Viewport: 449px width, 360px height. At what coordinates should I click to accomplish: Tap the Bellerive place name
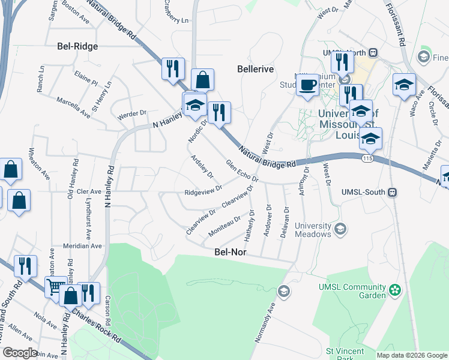pyautogui.click(x=255, y=69)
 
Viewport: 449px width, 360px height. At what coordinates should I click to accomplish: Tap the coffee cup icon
pyautogui.click(x=308, y=85)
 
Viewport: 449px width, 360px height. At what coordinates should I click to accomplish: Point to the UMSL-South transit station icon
pyautogui.click(x=393, y=193)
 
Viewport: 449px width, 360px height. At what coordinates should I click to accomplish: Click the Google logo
pyautogui.click(x=20, y=353)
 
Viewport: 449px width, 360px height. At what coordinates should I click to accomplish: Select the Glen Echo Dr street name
pyautogui.click(x=242, y=170)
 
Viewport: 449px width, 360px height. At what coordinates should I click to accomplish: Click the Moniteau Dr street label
pyautogui.click(x=224, y=225)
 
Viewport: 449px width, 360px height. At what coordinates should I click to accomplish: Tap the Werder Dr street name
pyautogui.click(x=132, y=113)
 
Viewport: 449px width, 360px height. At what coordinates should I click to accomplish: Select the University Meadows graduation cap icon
pyautogui.click(x=340, y=229)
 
